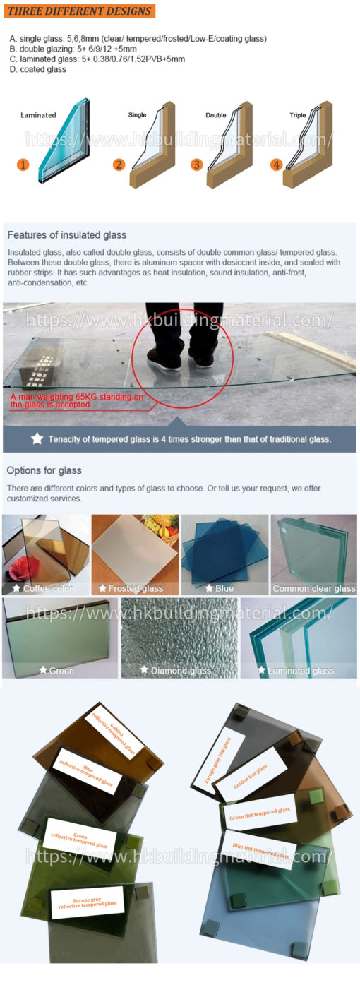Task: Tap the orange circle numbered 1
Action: (x=23, y=165)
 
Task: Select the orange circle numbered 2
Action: (x=119, y=165)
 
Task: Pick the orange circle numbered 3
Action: (x=196, y=165)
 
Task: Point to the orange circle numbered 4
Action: (x=276, y=165)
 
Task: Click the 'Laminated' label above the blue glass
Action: (x=38, y=115)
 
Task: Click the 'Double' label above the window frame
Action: (x=216, y=115)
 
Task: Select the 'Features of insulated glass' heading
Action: (x=67, y=234)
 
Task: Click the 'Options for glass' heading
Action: (x=44, y=470)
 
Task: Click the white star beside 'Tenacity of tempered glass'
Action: (x=37, y=438)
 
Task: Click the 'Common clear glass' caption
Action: (x=314, y=588)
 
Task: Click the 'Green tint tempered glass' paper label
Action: (x=259, y=813)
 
